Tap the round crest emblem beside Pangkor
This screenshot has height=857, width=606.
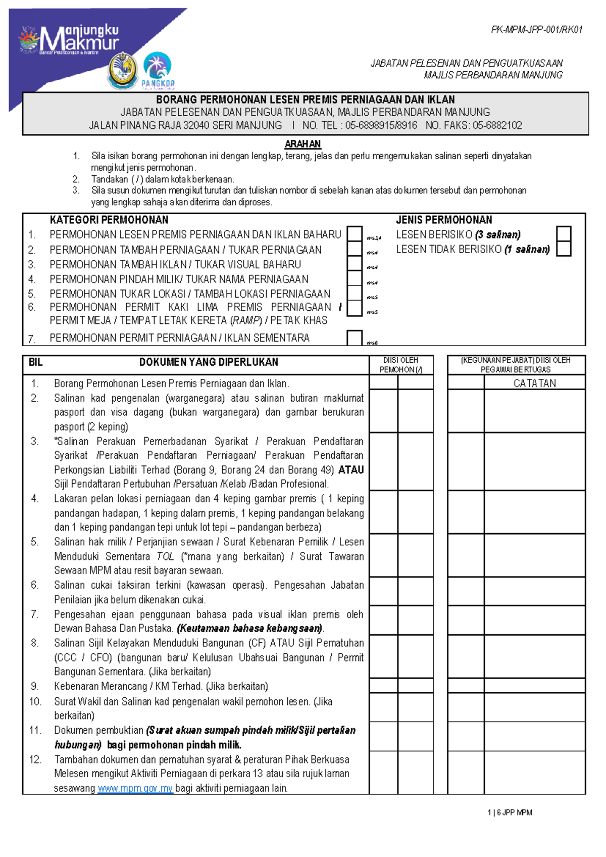click(x=123, y=71)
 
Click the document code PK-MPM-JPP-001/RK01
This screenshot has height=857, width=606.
click(x=537, y=30)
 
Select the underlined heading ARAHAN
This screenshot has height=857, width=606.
click(x=302, y=144)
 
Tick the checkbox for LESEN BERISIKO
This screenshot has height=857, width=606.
click(x=564, y=234)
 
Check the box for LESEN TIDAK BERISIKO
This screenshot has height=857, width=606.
click(x=564, y=249)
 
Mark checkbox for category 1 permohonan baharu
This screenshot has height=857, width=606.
click(x=355, y=234)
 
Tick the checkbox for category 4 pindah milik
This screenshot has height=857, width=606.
click(x=355, y=278)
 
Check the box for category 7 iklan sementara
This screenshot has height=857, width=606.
click(x=355, y=338)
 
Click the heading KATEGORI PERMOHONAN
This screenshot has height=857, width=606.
click(x=109, y=220)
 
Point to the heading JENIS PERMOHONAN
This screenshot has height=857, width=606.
click(x=444, y=220)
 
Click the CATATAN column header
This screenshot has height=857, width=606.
click(x=534, y=383)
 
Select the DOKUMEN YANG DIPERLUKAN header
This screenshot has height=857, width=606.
click(x=209, y=362)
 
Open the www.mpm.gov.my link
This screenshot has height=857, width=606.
click(x=135, y=788)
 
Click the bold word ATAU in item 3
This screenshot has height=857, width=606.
click(x=351, y=470)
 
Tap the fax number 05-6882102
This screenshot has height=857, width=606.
click(x=497, y=125)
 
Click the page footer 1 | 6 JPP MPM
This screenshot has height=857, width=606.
click(x=510, y=813)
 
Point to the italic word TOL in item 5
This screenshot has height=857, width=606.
click(x=165, y=556)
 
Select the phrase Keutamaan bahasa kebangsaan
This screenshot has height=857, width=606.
click(x=250, y=629)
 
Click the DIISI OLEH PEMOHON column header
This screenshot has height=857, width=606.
click(x=400, y=365)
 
